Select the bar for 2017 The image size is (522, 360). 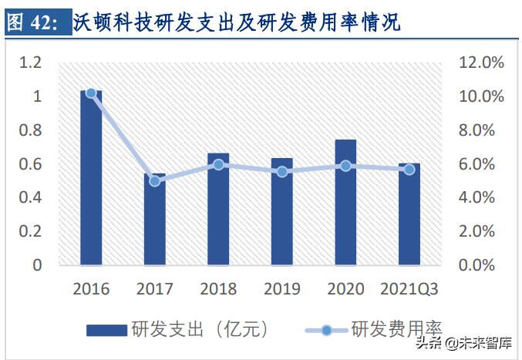coord(154,220)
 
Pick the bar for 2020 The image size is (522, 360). coord(345,202)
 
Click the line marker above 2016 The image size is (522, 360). coord(91,93)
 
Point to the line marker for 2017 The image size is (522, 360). coord(154,181)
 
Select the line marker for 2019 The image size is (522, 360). coord(282,172)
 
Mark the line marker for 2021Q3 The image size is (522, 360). coord(409,169)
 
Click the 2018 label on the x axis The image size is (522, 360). coord(218,290)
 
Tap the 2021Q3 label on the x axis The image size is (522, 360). coord(409,290)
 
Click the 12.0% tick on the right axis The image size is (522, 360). coord(480,62)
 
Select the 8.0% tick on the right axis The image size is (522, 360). coord(480,130)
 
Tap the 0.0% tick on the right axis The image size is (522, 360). coord(480,265)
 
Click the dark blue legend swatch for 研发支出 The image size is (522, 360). coord(106,330)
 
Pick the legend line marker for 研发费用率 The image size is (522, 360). coord(326,330)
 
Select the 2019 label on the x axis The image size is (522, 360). coord(282,290)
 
